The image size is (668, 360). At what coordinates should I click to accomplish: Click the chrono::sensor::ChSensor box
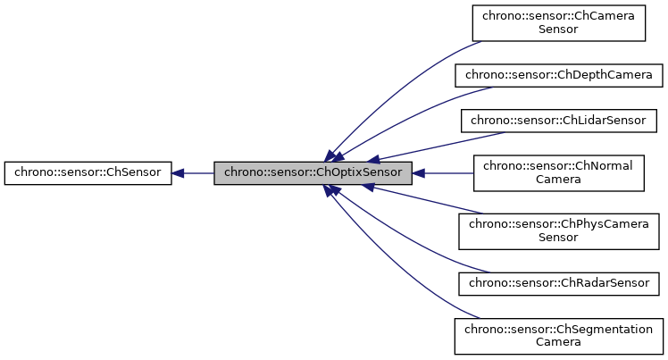88,172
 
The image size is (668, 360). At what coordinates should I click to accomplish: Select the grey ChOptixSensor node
313,172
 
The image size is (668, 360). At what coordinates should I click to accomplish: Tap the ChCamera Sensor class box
558,22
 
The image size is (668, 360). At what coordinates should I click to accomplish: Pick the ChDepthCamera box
558,74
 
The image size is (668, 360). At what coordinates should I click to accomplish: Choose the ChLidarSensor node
558,119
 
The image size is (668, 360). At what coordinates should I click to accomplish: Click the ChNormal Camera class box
558,172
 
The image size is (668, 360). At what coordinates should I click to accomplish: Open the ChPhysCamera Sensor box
558,230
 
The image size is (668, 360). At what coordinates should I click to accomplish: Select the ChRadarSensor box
558,283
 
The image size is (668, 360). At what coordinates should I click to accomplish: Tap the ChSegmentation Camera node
558,335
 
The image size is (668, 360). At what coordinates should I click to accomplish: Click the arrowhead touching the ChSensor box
178,172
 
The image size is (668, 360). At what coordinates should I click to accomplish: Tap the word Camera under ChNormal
558,180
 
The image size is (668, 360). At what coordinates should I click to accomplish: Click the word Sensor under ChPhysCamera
558,238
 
